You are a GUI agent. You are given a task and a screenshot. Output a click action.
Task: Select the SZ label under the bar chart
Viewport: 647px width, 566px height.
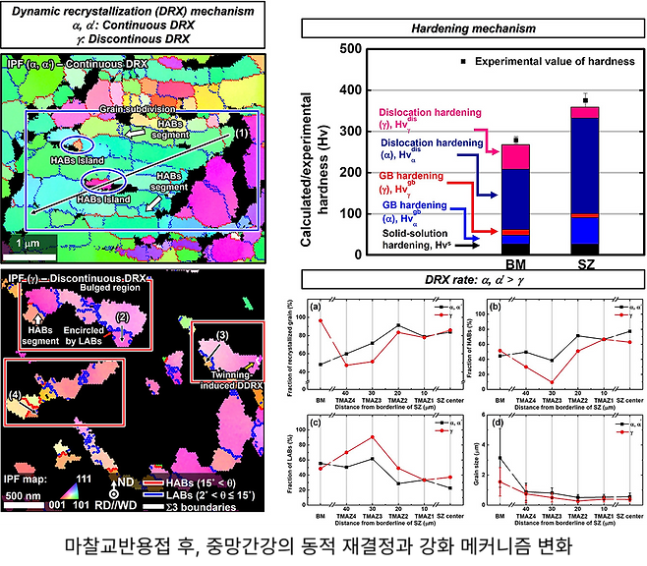tap(585, 264)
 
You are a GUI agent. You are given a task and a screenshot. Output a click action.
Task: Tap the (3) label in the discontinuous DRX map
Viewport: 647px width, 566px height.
tap(222, 337)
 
